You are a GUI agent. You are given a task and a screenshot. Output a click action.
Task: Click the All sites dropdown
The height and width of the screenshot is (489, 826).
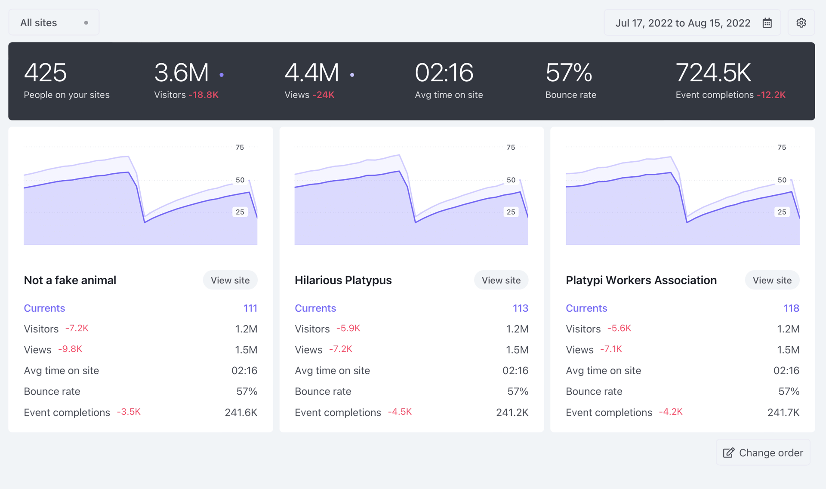coord(53,23)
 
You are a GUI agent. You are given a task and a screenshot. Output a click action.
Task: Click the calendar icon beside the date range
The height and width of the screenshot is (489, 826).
coord(767,23)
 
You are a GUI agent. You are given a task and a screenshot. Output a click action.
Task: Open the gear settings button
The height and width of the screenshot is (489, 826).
coord(801,23)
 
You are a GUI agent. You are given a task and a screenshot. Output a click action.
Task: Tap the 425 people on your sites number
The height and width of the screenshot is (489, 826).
coord(45,72)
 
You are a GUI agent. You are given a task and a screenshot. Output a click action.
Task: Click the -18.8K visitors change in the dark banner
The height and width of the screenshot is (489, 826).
coord(203,95)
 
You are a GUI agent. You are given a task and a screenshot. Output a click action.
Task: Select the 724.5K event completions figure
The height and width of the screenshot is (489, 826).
coord(713,72)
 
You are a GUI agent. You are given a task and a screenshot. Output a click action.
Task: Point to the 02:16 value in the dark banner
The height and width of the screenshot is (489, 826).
coord(444,72)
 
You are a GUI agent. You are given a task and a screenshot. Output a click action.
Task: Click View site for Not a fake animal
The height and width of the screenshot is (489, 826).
coord(230,280)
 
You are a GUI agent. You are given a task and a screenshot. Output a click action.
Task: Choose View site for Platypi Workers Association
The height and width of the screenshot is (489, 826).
coord(772,280)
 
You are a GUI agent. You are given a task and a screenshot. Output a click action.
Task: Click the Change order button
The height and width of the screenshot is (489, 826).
coord(763,452)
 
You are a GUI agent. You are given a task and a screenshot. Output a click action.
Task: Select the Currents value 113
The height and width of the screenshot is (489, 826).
coord(520,308)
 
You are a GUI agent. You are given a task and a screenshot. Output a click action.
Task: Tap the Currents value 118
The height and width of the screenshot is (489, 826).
coord(791,308)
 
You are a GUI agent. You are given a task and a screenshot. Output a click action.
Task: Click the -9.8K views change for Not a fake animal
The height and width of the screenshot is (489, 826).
coord(70,349)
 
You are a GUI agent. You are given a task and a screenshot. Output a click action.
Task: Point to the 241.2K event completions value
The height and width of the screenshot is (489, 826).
coord(512,412)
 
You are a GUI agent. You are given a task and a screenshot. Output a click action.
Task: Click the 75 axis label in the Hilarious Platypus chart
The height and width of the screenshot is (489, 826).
coord(511,148)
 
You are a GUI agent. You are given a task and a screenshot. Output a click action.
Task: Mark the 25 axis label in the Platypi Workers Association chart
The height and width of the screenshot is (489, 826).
coord(782,212)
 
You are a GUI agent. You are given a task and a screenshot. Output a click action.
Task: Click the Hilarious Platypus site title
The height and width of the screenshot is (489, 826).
coord(343,280)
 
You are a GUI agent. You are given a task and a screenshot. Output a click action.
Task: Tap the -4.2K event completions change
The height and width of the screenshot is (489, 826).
coord(671,412)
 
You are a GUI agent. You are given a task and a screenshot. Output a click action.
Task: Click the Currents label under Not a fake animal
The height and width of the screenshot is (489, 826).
coord(44,308)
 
